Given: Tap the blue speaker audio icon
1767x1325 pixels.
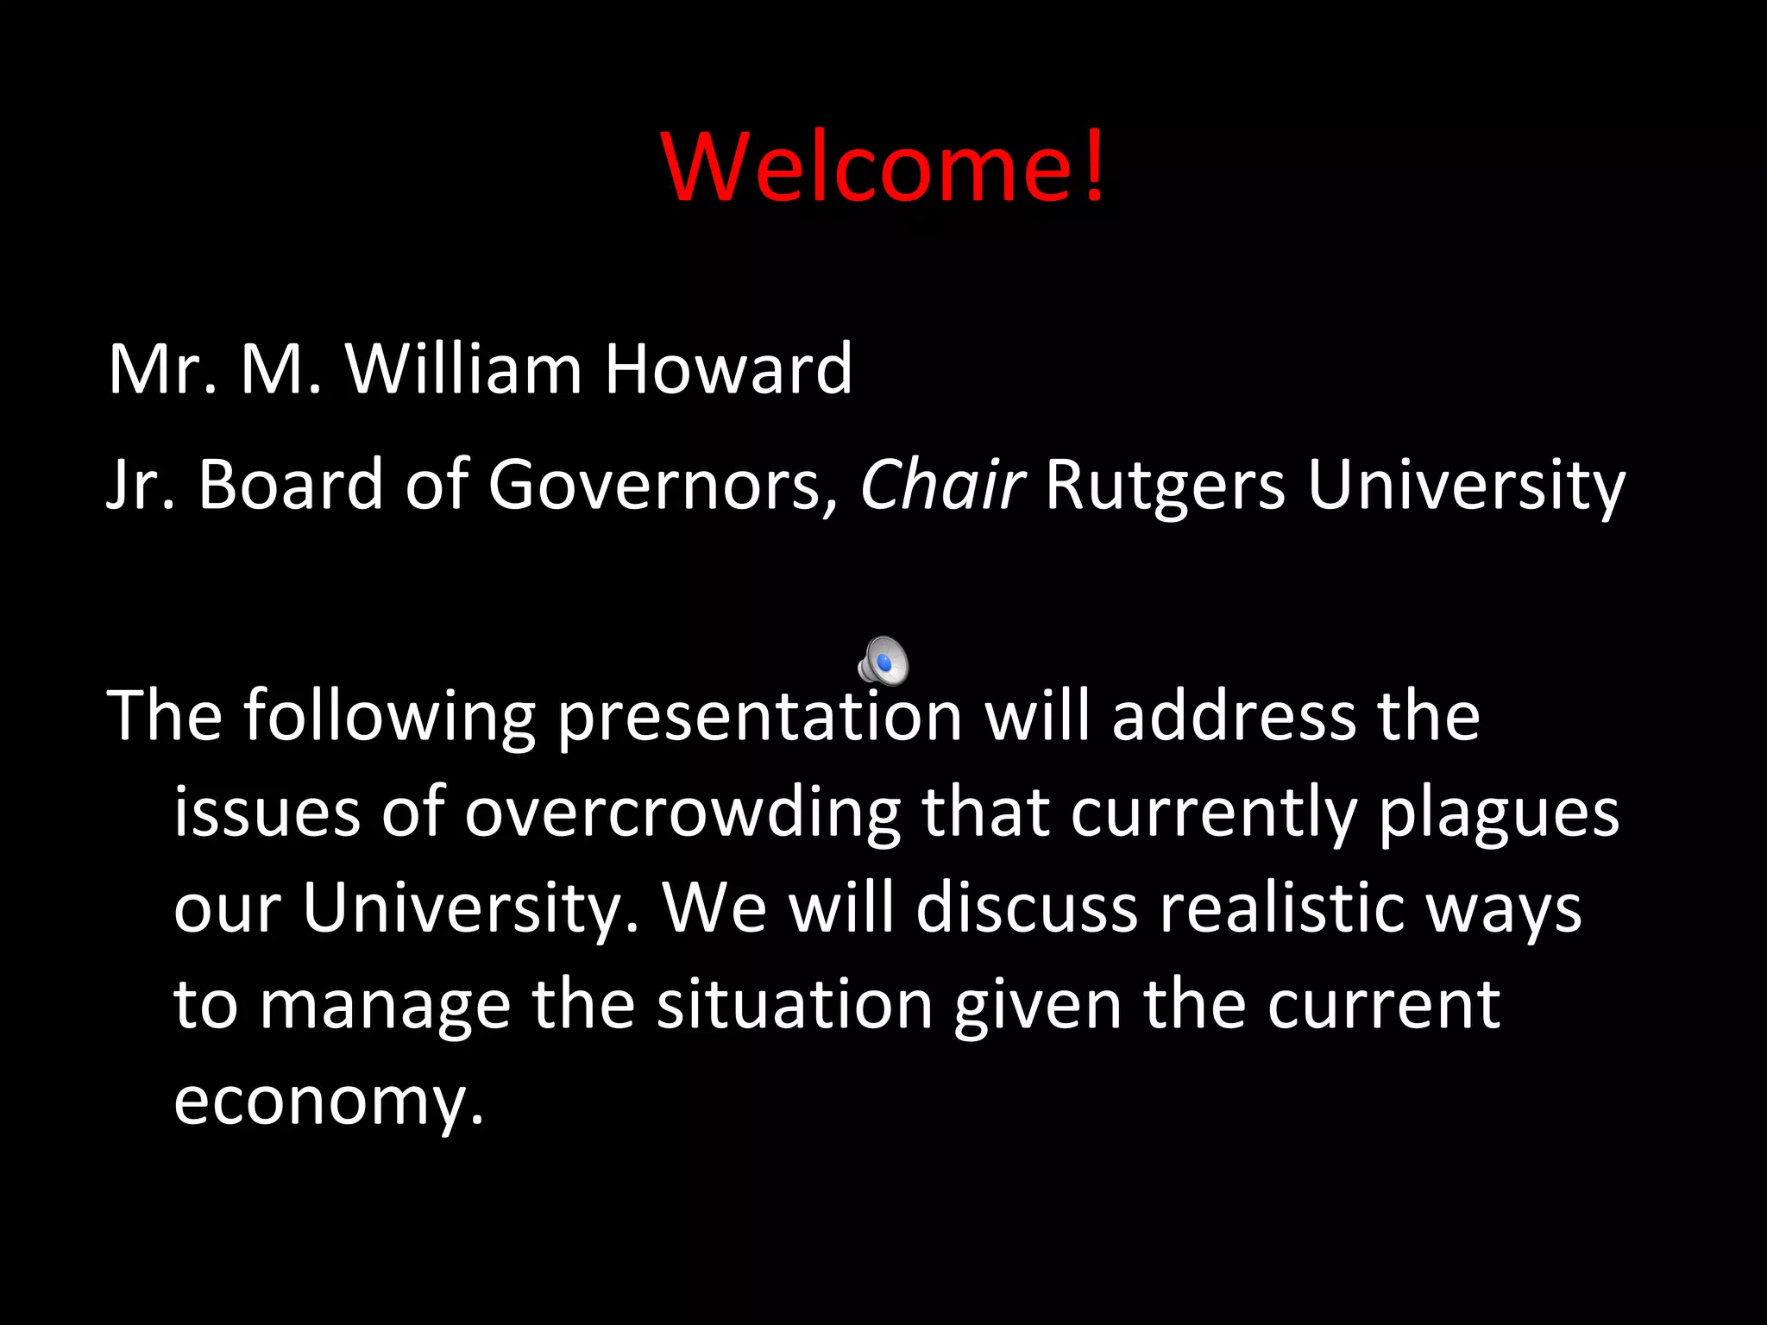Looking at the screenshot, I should [x=883, y=662].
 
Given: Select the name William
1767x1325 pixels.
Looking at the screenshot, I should [x=464, y=369].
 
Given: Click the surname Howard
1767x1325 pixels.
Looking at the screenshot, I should [x=727, y=369].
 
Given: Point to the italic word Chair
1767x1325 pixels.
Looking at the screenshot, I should [x=942, y=485].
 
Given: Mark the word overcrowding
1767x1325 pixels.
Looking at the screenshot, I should [x=682, y=814].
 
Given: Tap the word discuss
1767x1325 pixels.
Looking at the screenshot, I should [x=1027, y=908].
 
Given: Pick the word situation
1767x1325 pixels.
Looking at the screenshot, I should [x=795, y=1005].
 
